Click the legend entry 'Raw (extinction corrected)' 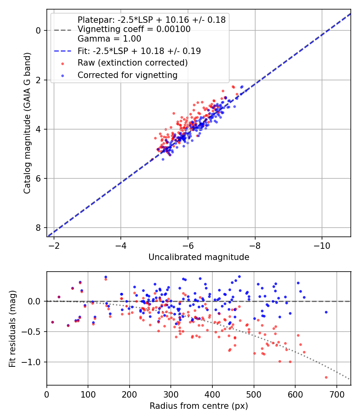pyautogui.click(x=132, y=63)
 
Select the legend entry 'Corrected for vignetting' pyautogui.click(x=128, y=75)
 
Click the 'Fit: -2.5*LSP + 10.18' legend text pyautogui.click(x=139, y=51)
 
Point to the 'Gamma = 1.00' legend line pyautogui.click(x=109, y=39)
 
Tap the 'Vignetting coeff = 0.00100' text pyautogui.click(x=134, y=29)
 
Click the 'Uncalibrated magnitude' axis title pyautogui.click(x=199, y=257)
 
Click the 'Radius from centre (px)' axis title pyautogui.click(x=199, y=406)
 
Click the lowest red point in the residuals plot pyautogui.click(x=326, y=377)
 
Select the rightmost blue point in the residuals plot pyautogui.click(x=326, y=312)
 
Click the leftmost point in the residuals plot pyautogui.click(x=52, y=322)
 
